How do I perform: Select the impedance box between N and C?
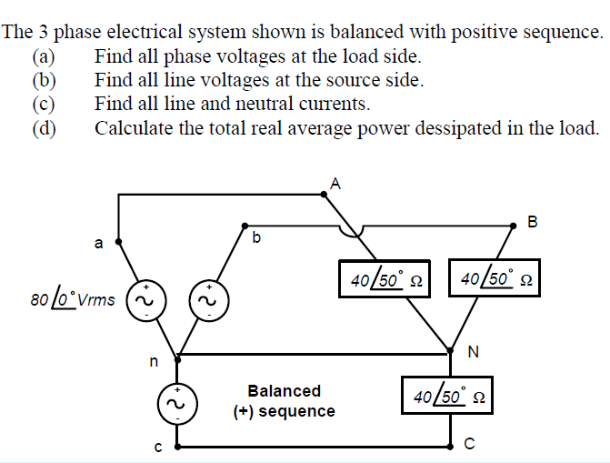point(452,397)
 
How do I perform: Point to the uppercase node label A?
point(335,182)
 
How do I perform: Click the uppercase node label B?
point(533,220)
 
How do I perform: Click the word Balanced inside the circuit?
point(285,391)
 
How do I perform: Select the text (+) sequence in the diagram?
point(284,411)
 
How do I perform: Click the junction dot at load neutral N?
point(452,347)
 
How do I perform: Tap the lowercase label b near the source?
point(256,238)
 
